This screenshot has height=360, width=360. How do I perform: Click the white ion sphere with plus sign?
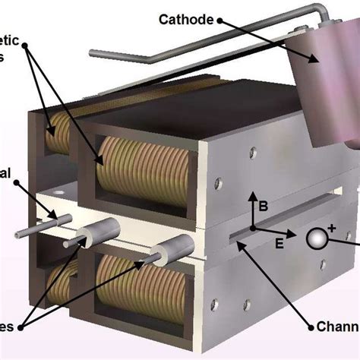tap(316, 238)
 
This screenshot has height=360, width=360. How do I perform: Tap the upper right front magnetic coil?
tap(140, 171)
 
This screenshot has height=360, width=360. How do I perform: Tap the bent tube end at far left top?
tap(93, 53)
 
